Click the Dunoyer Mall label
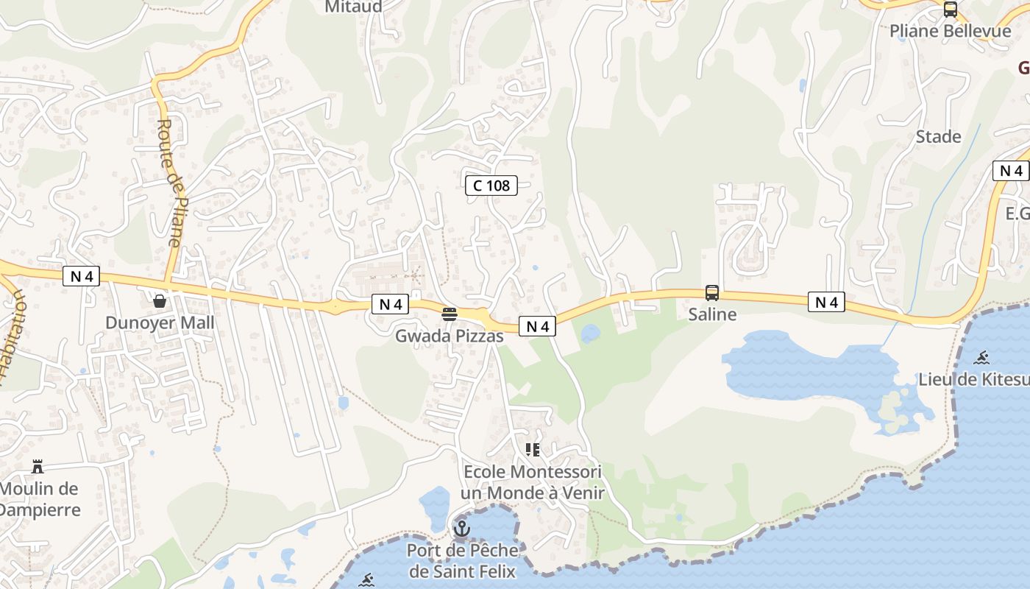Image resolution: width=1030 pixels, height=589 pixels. coord(160,322)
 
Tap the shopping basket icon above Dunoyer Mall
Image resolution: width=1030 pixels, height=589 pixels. coord(159,300)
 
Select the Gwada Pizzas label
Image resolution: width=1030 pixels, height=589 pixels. coord(450,336)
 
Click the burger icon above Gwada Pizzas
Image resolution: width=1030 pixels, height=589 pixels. coord(450,314)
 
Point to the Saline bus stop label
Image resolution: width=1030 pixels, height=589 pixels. coord(712,314)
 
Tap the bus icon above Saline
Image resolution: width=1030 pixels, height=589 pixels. coord(712,293)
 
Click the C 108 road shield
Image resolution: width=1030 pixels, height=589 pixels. coord(491,186)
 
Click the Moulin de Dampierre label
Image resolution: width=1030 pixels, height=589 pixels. coord(38,498)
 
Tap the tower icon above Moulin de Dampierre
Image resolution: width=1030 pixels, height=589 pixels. coord(38,466)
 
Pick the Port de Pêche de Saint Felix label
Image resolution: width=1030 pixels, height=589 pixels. coord(463,560)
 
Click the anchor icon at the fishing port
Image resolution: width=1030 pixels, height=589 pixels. coord(462,528)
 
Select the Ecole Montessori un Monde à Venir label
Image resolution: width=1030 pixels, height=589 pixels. coord(533,482)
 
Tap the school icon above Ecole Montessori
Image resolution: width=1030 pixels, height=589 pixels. coord(533,449)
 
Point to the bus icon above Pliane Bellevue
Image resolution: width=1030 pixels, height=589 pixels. coord(951,10)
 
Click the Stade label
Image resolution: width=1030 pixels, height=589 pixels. coord(938,137)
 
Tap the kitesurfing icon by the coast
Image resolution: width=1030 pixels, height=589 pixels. coord(981,359)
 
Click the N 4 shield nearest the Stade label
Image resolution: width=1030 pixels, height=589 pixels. coord(1010,171)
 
